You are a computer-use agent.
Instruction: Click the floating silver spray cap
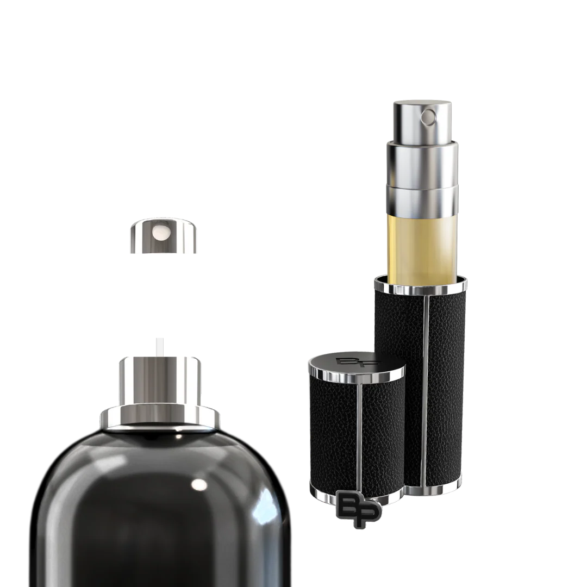point(163,236)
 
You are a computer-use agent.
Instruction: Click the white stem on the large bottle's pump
point(160,347)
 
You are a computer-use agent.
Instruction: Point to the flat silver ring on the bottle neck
point(160,418)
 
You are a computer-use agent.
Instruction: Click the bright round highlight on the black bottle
point(199,484)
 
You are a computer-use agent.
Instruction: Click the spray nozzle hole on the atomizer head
point(429,117)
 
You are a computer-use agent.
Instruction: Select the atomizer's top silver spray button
point(422,121)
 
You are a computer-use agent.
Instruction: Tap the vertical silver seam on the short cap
point(359,436)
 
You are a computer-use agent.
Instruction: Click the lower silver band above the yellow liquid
point(422,200)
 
